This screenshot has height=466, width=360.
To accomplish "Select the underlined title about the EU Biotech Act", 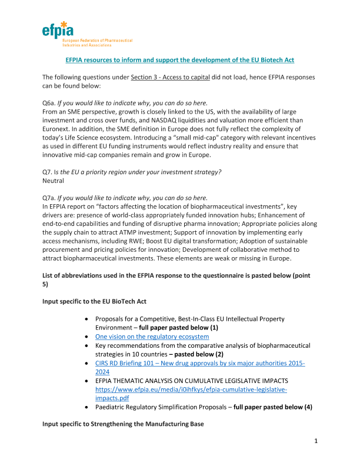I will pyautogui.click(x=179, y=60).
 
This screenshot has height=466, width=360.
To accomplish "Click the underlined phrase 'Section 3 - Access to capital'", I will pyautogui.click(x=176, y=77).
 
